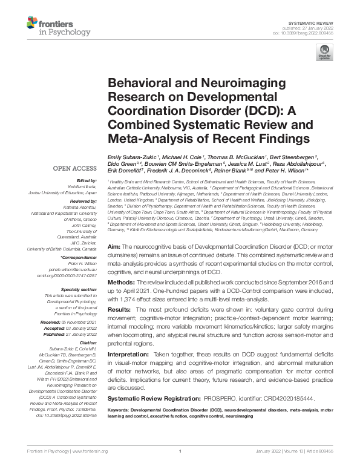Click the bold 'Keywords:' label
click(120, 410)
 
